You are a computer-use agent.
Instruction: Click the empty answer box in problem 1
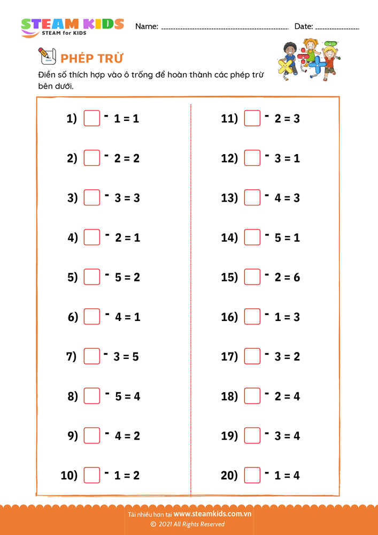point(92,118)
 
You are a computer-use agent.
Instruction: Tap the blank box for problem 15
point(252,277)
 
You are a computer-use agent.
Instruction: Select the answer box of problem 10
point(92,475)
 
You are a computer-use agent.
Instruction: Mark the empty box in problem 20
point(252,475)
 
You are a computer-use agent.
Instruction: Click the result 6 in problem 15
point(297,277)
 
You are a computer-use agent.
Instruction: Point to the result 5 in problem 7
point(135,356)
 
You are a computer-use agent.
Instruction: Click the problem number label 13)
point(229,198)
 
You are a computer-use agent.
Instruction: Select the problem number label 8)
point(72,396)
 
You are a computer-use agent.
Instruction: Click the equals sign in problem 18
point(286,396)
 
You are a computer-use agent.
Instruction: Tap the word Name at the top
point(146,26)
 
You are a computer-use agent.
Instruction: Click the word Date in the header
point(303,26)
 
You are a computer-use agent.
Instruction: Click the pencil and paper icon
point(47,56)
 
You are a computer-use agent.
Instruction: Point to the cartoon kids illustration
point(308,59)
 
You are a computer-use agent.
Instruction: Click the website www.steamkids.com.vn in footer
point(212,514)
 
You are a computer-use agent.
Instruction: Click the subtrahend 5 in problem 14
point(278,238)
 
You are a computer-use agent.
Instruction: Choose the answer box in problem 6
point(92,316)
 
